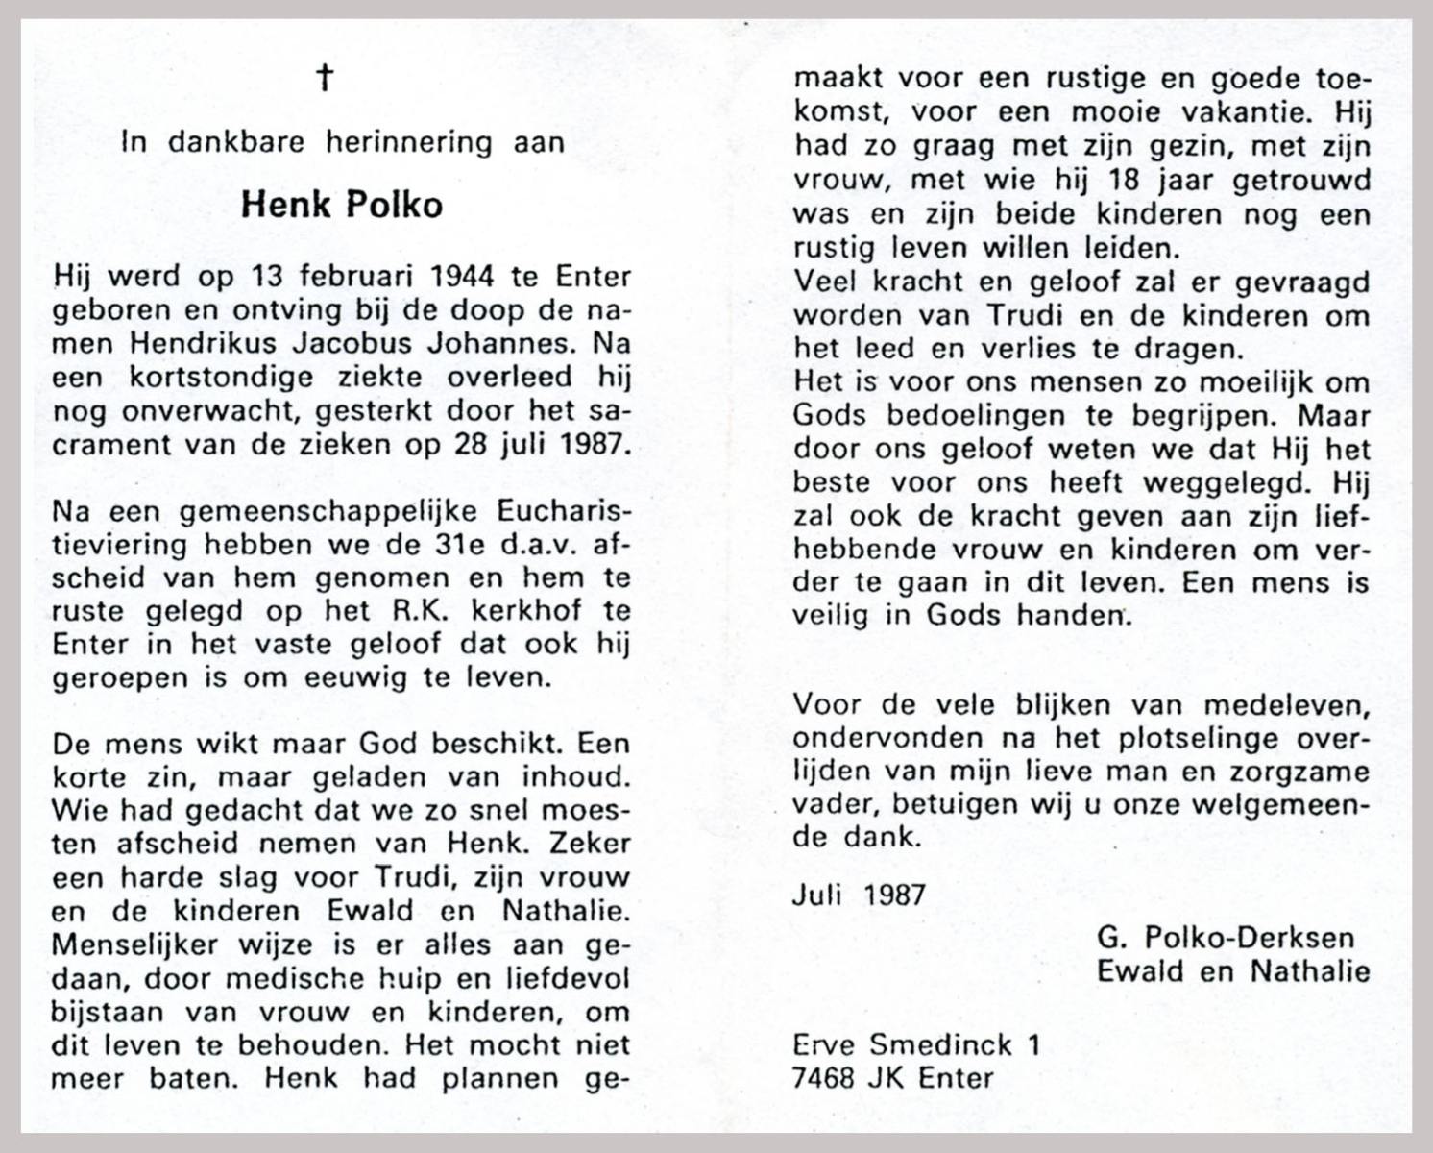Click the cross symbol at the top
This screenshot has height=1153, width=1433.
click(325, 77)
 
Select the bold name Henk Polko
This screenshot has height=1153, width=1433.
click(341, 205)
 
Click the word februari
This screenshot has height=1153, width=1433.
click(356, 277)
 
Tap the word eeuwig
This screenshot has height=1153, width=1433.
click(359, 677)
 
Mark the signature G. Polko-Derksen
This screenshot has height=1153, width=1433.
click(1225, 938)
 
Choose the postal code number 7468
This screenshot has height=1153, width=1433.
click(822, 1078)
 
